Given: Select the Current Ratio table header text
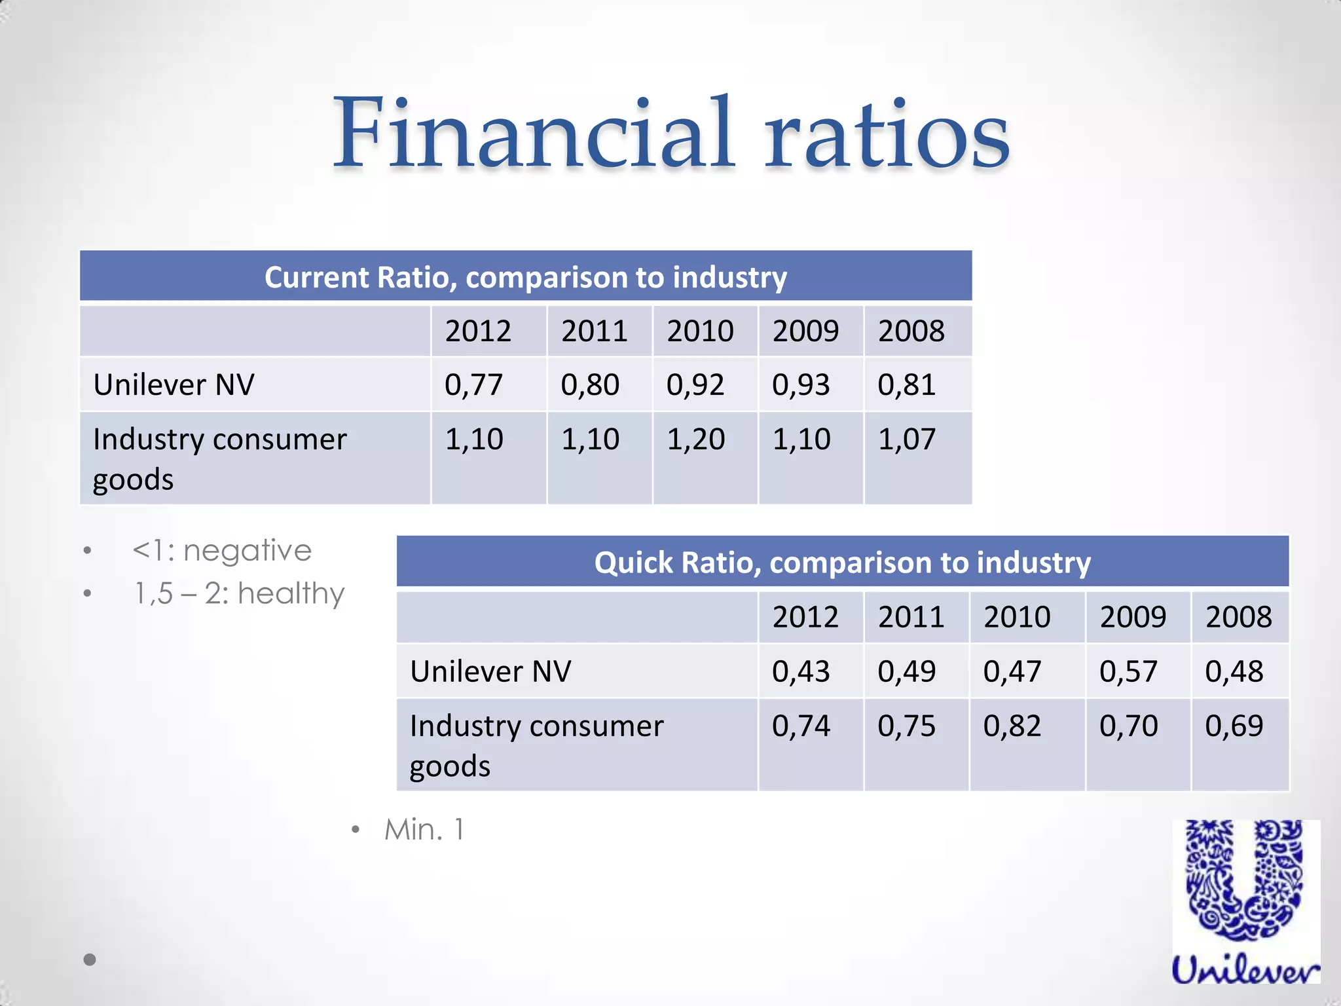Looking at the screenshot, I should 525,277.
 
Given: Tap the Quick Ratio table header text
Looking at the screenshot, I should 842,563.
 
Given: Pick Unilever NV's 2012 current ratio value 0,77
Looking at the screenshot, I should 473,384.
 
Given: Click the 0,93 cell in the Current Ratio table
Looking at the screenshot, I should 801,384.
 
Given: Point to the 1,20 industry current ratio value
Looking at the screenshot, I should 695,439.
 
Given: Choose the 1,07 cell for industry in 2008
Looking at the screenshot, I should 907,439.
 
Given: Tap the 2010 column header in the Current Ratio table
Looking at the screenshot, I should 700,331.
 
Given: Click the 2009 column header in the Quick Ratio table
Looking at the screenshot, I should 1133,617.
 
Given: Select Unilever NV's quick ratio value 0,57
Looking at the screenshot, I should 1128,671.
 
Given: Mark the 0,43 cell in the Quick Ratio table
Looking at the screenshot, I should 801,671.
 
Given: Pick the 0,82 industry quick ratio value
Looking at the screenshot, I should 1012,726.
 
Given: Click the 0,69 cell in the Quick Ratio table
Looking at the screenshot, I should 1234,726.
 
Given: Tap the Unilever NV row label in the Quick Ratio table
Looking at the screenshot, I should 490,671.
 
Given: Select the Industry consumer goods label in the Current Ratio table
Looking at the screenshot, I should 219,458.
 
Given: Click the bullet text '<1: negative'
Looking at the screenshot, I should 222,550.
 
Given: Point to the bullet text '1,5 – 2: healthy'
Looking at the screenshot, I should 239,593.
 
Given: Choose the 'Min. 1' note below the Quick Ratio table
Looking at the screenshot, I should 424,830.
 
